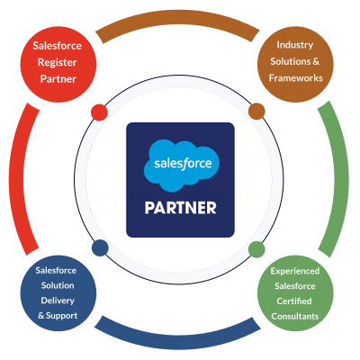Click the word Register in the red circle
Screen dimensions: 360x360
[x=58, y=63]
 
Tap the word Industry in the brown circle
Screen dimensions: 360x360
[x=295, y=46]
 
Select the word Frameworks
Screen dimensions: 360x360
[x=296, y=78]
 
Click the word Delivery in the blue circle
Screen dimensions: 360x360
[x=58, y=301]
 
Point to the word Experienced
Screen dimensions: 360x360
[x=295, y=272]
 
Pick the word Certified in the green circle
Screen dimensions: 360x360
[x=294, y=301]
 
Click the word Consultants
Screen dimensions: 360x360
[x=295, y=316]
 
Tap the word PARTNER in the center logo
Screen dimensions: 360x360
[x=180, y=208]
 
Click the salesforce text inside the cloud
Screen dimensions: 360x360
[x=183, y=164]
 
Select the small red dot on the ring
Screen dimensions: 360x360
[x=99, y=112]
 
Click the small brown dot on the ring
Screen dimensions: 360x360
[x=256, y=112]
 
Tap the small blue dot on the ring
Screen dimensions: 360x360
[x=100, y=247]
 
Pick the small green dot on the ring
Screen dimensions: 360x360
[x=256, y=249]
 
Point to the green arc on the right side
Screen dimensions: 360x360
[x=341, y=179]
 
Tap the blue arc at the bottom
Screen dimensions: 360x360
[x=177, y=341]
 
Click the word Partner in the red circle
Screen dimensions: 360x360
[x=58, y=79]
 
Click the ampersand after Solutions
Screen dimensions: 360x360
[x=316, y=61]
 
